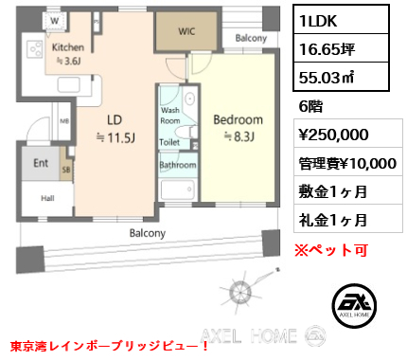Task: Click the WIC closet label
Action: click(186, 31)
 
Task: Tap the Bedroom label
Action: click(238, 119)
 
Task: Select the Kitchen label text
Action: click(68, 47)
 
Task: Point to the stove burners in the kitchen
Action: click(35, 49)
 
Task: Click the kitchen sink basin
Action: click(68, 84)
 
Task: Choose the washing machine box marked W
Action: click(55, 21)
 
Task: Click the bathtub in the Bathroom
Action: click(177, 189)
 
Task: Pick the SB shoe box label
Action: click(66, 170)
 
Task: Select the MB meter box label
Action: click(64, 121)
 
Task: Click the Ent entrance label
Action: click(41, 163)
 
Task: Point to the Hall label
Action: click(47, 198)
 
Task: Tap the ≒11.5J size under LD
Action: click(115, 137)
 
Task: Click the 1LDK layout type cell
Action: click(341, 20)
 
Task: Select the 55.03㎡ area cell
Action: click(341, 77)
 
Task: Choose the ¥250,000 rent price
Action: click(333, 135)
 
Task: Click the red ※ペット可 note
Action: click(331, 250)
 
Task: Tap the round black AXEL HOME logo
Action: click(354, 306)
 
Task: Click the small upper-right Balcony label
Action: click(251, 38)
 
